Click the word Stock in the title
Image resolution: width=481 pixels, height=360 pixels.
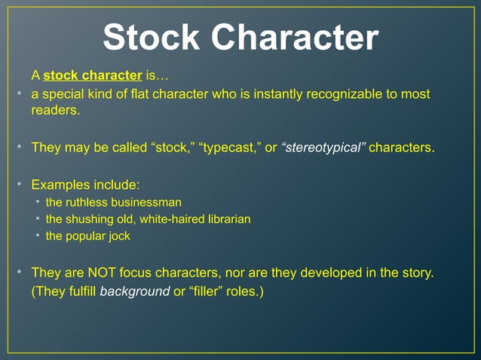click(148, 38)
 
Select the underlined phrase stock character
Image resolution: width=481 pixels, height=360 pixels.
click(93, 75)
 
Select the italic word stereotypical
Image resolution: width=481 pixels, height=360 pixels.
click(323, 147)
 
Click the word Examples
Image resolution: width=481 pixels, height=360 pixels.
click(62, 185)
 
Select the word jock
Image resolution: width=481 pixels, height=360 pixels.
click(118, 236)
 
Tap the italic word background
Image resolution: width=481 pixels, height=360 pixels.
click(135, 291)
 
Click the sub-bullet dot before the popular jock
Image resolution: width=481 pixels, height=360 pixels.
click(38, 236)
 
